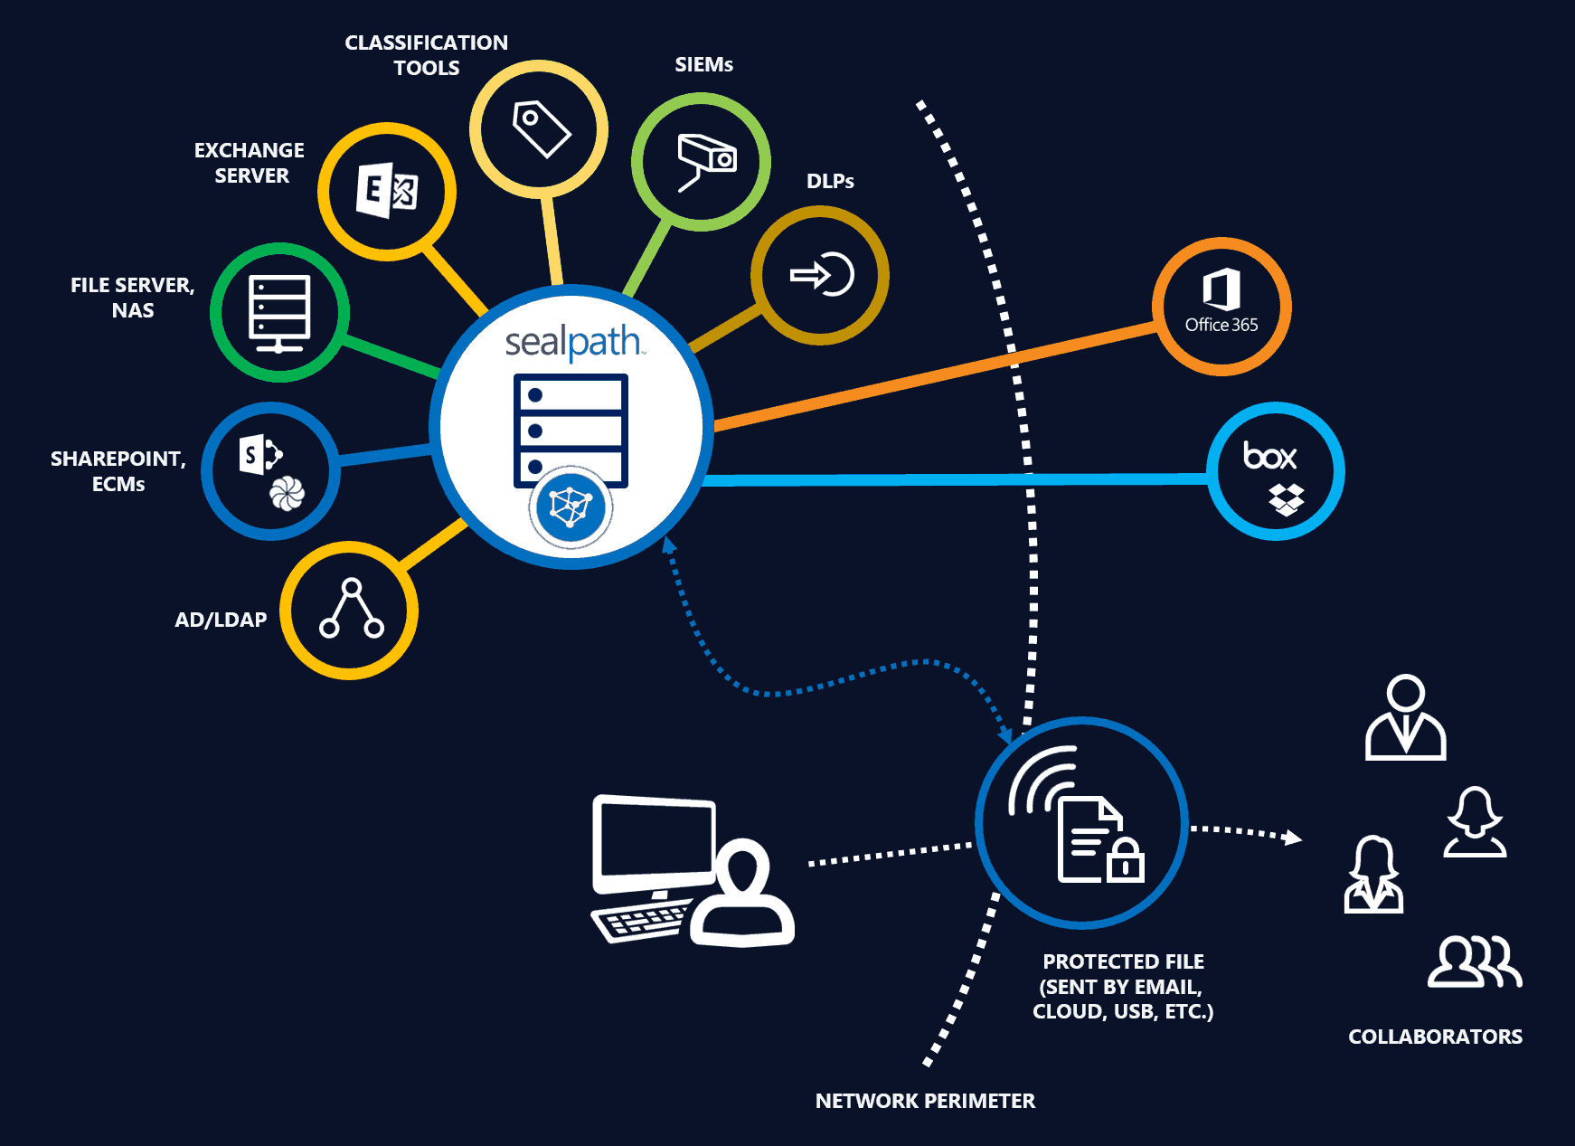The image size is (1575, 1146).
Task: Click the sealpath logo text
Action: click(573, 343)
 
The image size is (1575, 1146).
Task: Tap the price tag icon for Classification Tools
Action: click(541, 128)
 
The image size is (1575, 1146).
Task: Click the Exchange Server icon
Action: click(387, 191)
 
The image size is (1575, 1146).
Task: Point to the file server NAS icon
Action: click(279, 313)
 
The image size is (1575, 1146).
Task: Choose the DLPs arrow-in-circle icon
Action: click(822, 275)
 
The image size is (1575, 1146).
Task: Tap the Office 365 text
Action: click(1221, 325)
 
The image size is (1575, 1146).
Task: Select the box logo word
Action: click(1269, 455)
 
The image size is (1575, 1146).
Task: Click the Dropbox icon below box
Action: click(1286, 498)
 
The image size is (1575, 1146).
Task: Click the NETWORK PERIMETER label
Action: click(925, 1101)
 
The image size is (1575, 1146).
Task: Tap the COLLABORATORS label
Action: click(1435, 1037)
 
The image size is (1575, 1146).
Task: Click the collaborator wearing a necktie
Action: click(1405, 718)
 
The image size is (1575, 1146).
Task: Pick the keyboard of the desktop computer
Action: click(640, 921)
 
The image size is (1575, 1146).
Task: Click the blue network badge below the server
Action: click(571, 507)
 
